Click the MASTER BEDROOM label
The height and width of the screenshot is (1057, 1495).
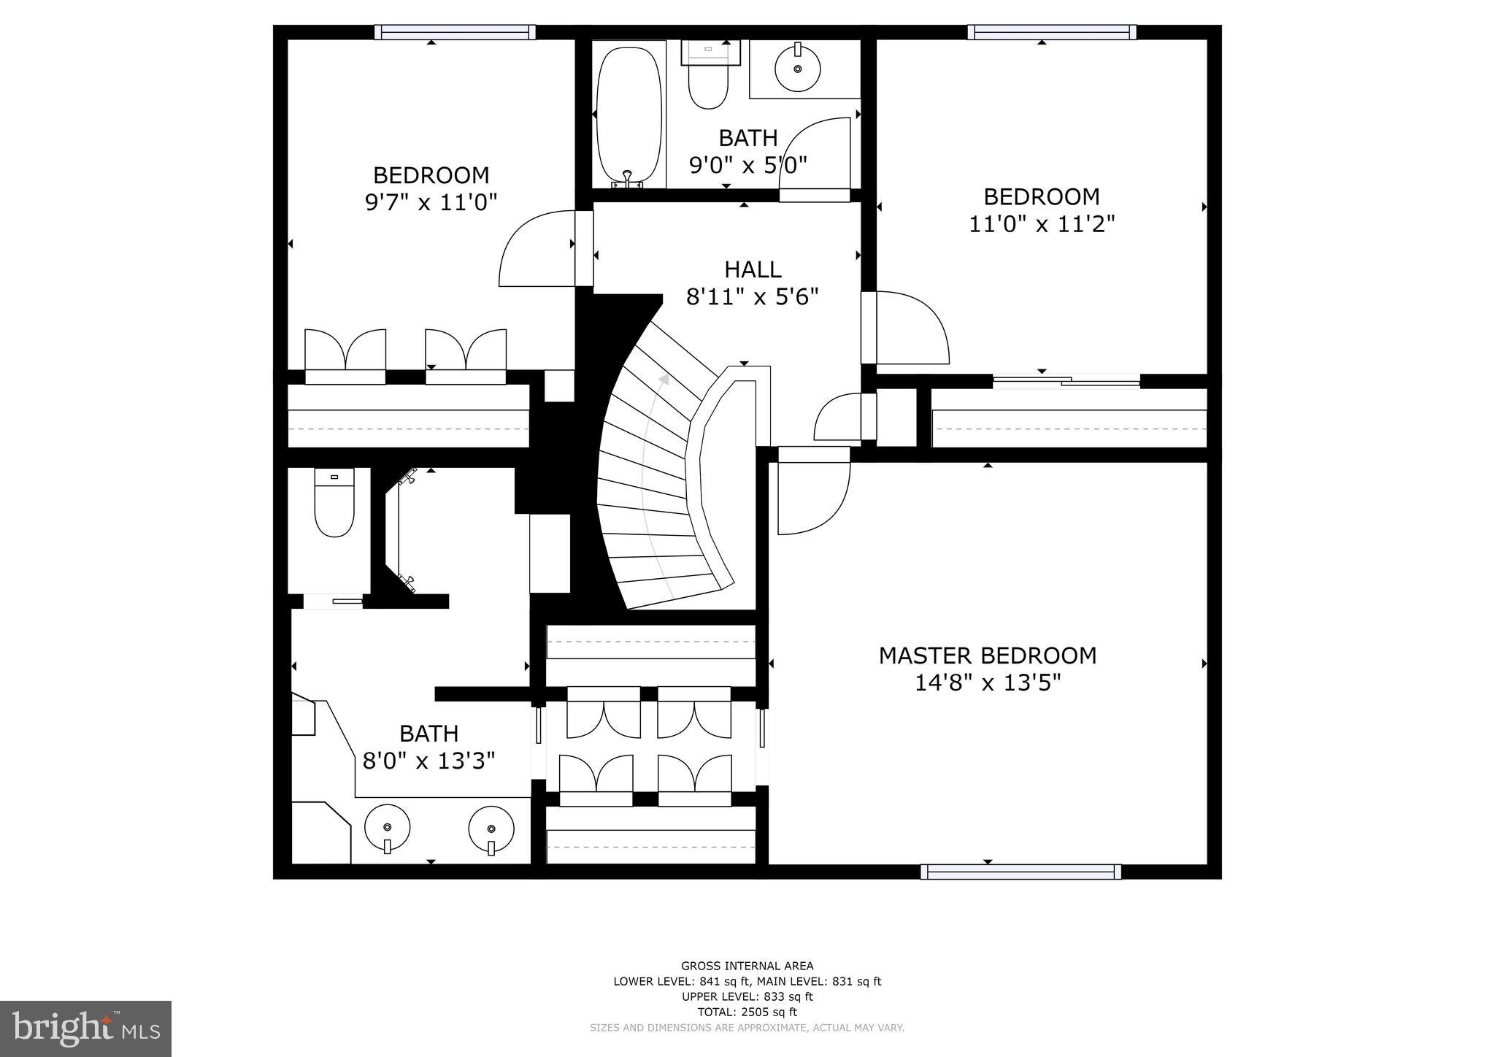click(x=987, y=656)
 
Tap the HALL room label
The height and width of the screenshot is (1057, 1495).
click(x=753, y=269)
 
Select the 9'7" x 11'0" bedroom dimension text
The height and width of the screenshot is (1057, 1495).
click(x=431, y=201)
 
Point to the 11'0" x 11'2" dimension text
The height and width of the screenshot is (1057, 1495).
click(x=1042, y=223)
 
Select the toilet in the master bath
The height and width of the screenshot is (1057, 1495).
click(x=334, y=504)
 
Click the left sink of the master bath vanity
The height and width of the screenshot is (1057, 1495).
click(x=388, y=829)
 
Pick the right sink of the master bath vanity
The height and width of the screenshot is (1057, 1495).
click(x=491, y=831)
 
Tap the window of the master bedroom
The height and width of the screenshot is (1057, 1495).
click(x=1021, y=871)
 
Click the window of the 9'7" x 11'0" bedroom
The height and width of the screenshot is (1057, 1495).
click(x=455, y=32)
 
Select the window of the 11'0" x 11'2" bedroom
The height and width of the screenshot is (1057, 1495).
click(x=1052, y=32)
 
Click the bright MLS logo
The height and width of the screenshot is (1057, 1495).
click(x=85, y=1029)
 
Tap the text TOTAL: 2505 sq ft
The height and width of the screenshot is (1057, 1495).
click(x=747, y=1012)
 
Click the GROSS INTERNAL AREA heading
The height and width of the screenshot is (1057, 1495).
click(x=747, y=966)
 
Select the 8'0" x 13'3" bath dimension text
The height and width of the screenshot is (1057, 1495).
click(x=429, y=761)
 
